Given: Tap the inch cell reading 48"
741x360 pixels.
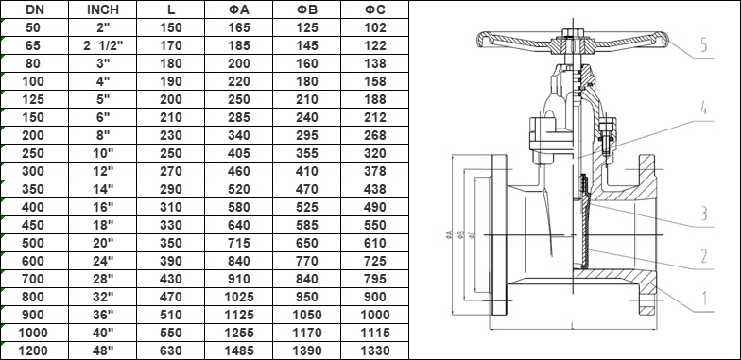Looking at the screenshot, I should point(101,351).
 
